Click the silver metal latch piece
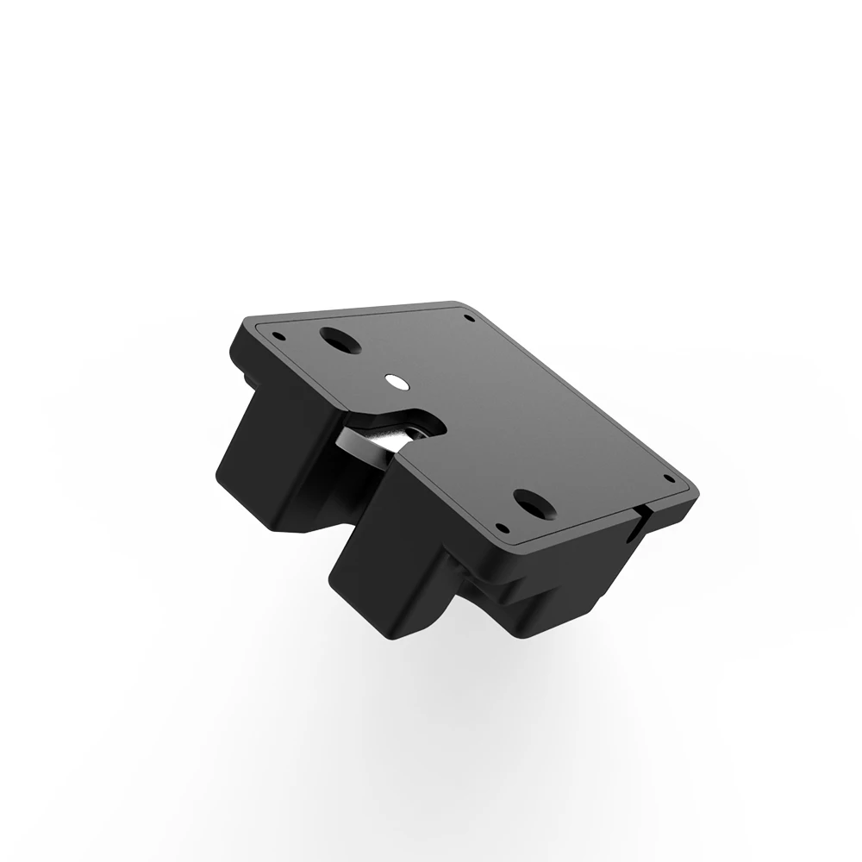(x=388, y=436)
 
